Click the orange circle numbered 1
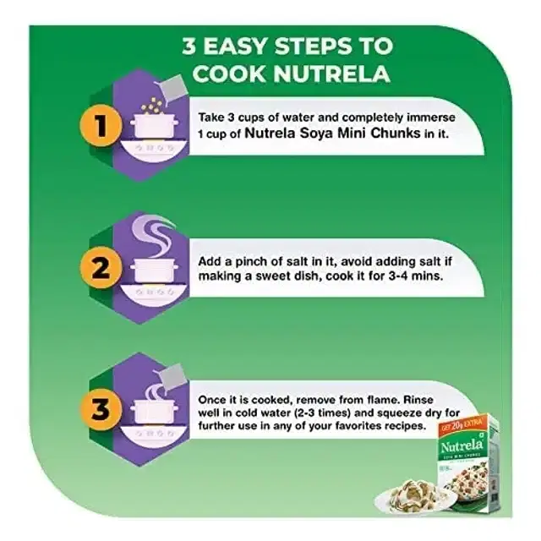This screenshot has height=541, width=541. [x=101, y=125]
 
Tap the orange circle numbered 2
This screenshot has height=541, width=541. [x=101, y=267]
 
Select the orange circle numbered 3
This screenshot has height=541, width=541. [x=101, y=409]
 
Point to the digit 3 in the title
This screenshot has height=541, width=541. [x=189, y=46]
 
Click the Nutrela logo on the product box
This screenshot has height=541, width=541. [x=462, y=445]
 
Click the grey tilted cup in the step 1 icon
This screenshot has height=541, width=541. [x=171, y=89]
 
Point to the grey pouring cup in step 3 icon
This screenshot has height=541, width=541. [x=170, y=378]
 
